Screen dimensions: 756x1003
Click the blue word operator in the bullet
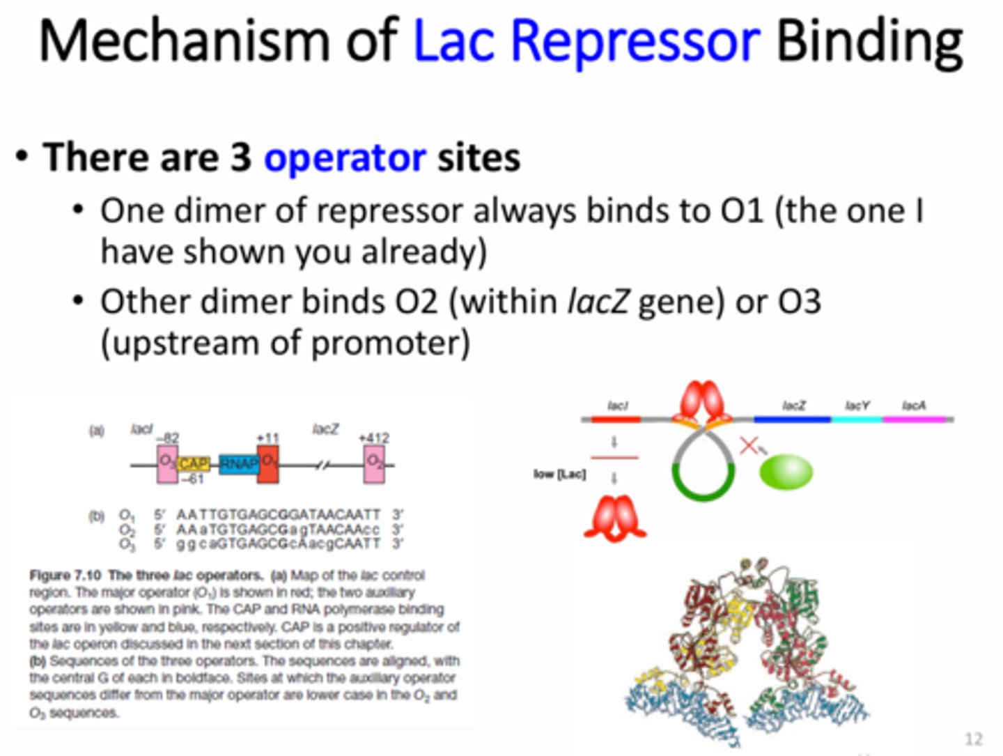(x=344, y=158)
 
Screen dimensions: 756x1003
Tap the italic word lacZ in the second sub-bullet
(x=598, y=302)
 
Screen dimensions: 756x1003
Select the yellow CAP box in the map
(x=194, y=464)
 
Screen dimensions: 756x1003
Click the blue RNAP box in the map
(x=238, y=464)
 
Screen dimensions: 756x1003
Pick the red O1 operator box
(x=268, y=464)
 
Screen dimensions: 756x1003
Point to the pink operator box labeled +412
(x=375, y=464)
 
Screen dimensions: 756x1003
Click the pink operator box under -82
(x=167, y=464)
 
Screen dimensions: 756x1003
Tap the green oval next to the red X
(x=786, y=472)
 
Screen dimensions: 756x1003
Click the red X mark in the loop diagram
(x=749, y=445)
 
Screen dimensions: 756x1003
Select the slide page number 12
(x=973, y=739)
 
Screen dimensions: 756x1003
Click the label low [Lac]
(x=559, y=475)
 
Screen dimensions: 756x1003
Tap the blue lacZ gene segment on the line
(x=792, y=419)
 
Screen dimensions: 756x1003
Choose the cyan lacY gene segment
(x=856, y=419)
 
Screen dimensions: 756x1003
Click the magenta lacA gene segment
(x=914, y=419)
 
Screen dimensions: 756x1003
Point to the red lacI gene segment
(x=616, y=419)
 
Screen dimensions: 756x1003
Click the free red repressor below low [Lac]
(x=615, y=519)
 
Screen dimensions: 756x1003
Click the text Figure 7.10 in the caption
(x=65, y=576)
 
